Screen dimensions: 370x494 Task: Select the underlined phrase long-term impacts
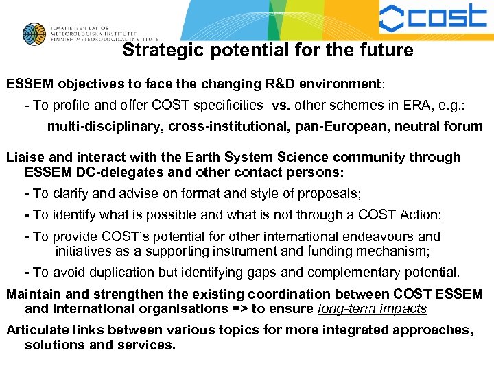pyautogui.click(x=373, y=308)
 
